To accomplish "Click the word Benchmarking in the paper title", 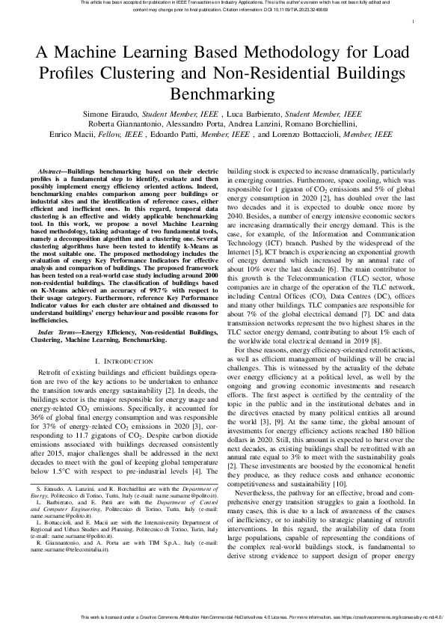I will click(x=222, y=95).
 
